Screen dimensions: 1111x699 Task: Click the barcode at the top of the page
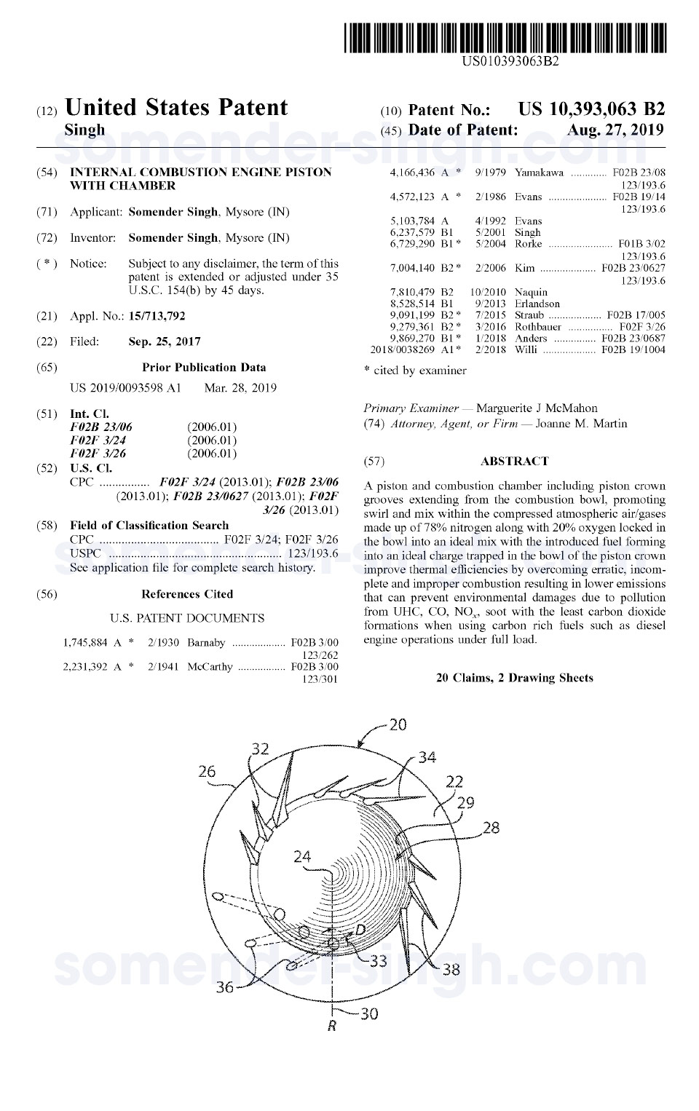505,38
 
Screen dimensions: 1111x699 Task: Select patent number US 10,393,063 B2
591,109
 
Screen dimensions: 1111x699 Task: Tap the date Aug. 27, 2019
615,130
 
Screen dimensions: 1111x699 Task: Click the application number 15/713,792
157,316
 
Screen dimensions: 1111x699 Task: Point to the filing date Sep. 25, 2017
165,341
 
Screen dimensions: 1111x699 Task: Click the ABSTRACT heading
514,461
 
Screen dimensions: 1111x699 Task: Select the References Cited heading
187,594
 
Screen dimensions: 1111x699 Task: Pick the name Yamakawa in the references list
539,173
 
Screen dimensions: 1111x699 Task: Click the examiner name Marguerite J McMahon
537,408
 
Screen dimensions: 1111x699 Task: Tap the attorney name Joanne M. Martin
581,424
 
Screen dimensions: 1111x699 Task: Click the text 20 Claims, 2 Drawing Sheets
514,678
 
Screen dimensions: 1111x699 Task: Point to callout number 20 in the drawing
398,725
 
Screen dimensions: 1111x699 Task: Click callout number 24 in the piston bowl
302,857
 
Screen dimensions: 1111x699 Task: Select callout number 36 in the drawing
225,987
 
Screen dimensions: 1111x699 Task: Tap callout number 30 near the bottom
369,1013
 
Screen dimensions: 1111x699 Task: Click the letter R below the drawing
332,1027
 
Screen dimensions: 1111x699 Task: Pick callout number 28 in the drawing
491,828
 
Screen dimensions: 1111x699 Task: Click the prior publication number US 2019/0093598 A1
125,388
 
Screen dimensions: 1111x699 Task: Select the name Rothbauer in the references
538,327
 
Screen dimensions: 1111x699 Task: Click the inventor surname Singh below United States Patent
84,130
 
